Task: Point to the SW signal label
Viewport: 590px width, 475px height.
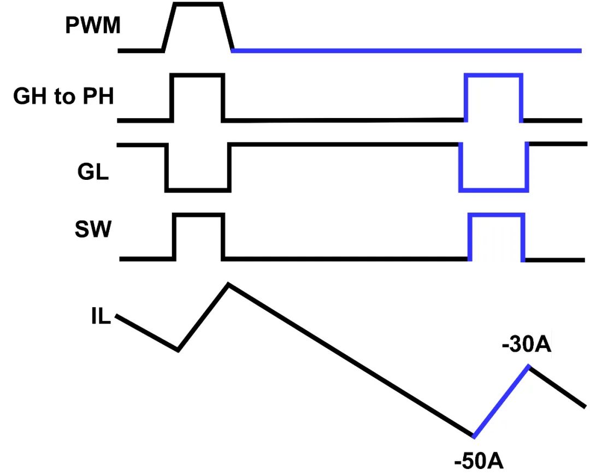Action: pos(93,230)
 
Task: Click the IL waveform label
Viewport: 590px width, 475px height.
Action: pos(101,317)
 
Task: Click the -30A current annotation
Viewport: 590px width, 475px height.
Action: pos(526,347)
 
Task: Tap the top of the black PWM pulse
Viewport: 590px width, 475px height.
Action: pos(198,4)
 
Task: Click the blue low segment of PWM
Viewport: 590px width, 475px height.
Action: pos(407,51)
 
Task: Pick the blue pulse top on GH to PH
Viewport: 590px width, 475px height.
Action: pos(493,75)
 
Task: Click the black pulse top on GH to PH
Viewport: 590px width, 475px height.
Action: pos(198,75)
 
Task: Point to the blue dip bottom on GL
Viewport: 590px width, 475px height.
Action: pos(493,190)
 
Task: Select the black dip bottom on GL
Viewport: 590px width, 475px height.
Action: pos(198,190)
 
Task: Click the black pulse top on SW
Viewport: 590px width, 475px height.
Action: pos(199,215)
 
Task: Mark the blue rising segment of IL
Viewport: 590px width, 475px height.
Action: pos(501,401)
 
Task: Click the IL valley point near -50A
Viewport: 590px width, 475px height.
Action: pos(473,436)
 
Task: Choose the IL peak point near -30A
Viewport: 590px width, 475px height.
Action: pos(528,366)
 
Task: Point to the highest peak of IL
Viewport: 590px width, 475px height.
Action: pos(228,284)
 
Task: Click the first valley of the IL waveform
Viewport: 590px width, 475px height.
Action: pos(178,349)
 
